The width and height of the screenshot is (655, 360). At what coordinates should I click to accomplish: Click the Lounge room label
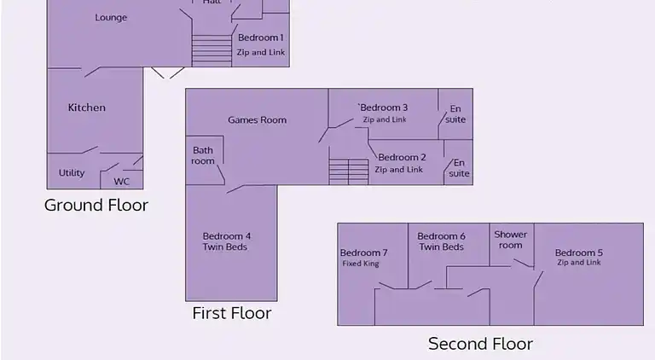coord(111,18)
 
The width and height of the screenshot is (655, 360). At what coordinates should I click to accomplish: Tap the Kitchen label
coord(86,107)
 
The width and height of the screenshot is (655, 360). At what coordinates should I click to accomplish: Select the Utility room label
coord(72,172)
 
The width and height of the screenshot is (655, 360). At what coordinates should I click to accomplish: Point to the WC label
coord(122,182)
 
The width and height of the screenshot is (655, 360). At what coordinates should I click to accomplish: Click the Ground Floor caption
coord(96,205)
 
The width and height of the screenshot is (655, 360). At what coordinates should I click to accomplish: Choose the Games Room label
coord(257,120)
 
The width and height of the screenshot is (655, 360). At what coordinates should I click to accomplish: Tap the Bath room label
coord(203,155)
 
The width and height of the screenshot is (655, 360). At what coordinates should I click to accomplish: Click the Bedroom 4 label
coord(226,236)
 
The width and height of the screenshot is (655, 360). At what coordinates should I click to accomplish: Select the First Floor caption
coord(232,313)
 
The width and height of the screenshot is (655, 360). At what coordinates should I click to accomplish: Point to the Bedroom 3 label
coord(384,107)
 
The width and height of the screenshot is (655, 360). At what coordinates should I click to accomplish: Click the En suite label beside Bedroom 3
coord(455,114)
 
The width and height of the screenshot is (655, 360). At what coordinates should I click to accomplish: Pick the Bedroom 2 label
coord(402,158)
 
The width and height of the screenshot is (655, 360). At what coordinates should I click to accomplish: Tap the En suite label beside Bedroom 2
coord(459,168)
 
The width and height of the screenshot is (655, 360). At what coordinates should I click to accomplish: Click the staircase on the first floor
coord(348,171)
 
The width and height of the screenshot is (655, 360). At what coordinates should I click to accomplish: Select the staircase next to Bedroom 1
coord(212,50)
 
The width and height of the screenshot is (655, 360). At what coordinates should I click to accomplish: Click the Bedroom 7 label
coord(364,253)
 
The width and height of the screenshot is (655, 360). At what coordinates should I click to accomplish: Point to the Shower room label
coord(511,240)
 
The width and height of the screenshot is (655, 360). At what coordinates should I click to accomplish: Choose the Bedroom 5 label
coord(578,253)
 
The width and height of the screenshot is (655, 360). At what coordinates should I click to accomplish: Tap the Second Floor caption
coord(480,344)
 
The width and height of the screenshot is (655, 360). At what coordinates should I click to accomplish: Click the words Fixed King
coord(361,264)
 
